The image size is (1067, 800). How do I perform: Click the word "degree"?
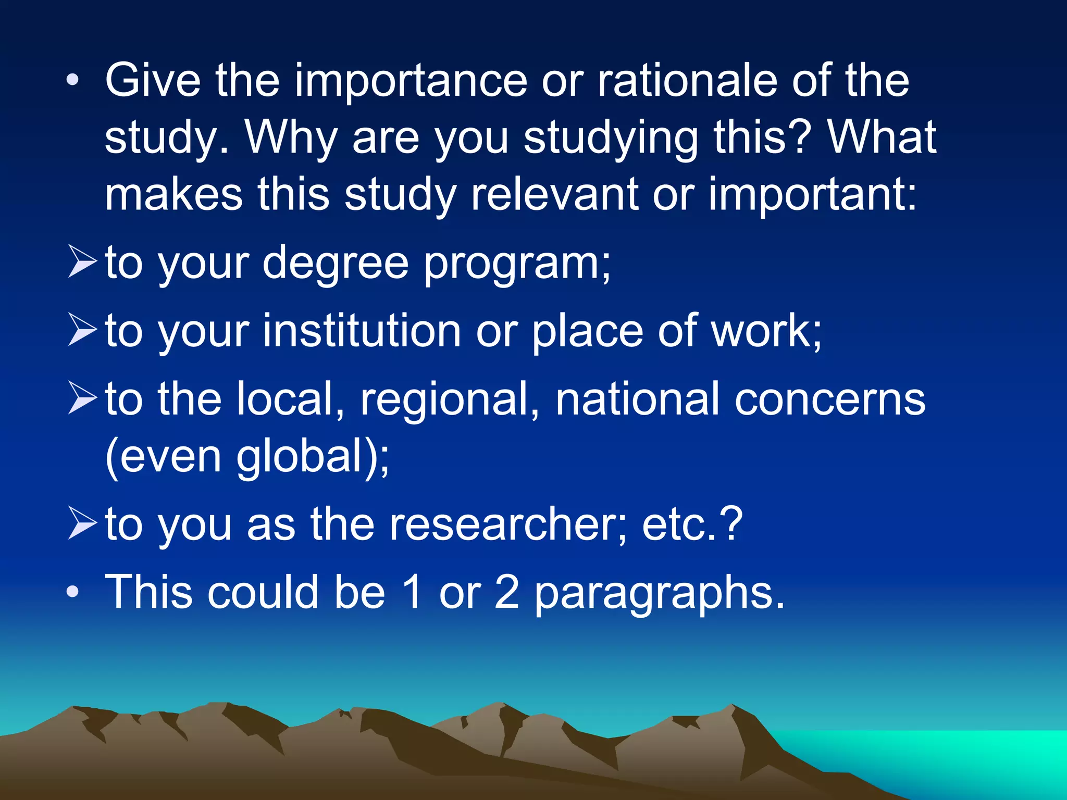pos(336,263)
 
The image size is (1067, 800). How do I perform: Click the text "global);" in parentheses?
pos(313,456)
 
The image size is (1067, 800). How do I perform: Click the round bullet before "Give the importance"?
pos(73,80)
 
